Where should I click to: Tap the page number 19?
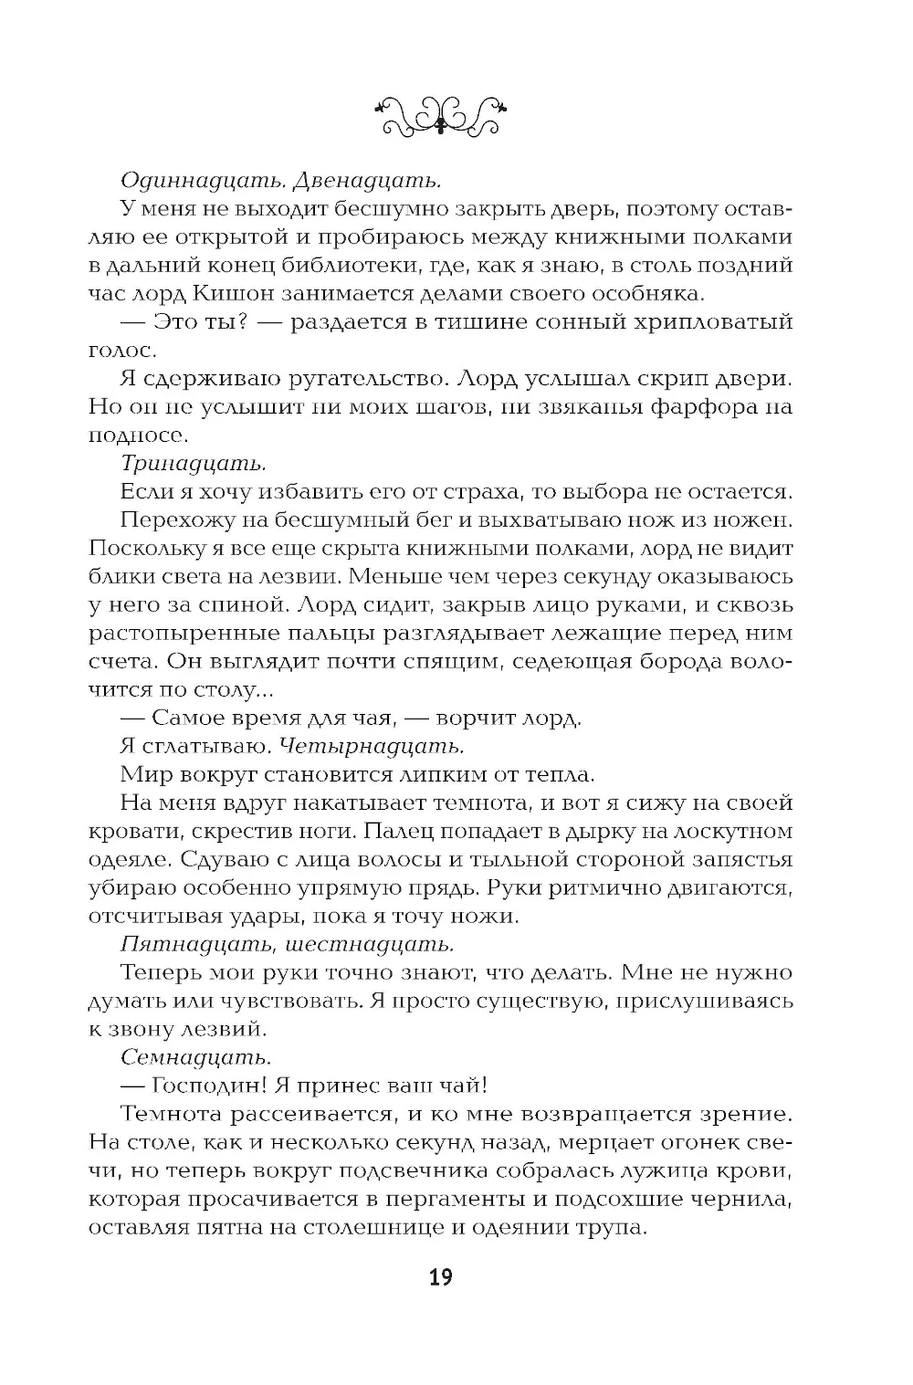coord(440,1277)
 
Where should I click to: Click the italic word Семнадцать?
coord(194,1057)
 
